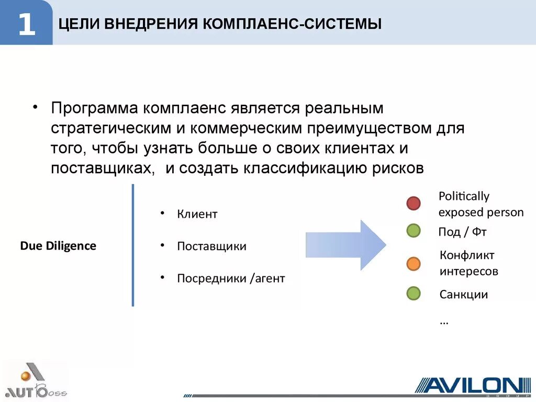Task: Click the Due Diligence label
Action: tap(58, 246)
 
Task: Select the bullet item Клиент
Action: tap(197, 214)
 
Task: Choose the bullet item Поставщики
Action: tap(211, 246)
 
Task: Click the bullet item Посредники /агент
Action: tap(231, 278)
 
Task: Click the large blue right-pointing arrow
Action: tap(346, 245)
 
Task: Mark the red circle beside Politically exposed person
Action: tap(414, 203)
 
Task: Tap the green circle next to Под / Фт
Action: tap(414, 230)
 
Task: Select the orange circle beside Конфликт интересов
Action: tap(414, 263)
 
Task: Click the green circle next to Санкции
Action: tap(414, 293)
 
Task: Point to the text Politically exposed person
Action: tap(481, 204)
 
